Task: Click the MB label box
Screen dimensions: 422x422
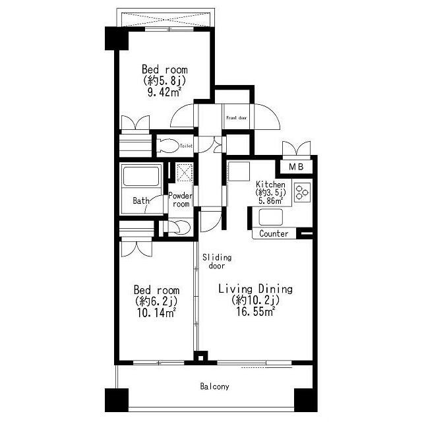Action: coord(296,167)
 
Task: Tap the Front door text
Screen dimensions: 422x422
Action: coord(236,118)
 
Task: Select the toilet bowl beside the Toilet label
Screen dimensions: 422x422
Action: coord(168,146)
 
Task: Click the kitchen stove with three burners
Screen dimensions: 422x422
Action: coord(302,192)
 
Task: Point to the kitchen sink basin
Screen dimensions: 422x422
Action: coord(271,217)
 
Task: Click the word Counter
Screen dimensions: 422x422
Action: coord(274,233)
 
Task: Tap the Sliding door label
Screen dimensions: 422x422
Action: coord(217,262)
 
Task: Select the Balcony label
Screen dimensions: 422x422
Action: coord(214,387)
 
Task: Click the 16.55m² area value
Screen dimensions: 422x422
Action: coord(255,312)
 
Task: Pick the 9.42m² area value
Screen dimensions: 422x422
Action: coord(164,92)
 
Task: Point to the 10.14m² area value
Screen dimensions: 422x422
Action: coord(156,313)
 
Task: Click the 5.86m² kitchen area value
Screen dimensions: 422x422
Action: coord(270,200)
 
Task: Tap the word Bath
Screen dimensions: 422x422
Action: coord(141,200)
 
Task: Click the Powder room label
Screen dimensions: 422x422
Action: coord(180,200)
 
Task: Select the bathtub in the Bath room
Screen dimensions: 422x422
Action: coord(140,176)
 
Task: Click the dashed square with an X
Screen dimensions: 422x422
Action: coord(185,172)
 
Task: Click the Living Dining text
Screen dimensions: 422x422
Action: coord(255,289)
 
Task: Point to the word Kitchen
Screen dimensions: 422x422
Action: coord(270,185)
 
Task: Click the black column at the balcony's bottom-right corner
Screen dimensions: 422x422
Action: coord(306,400)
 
